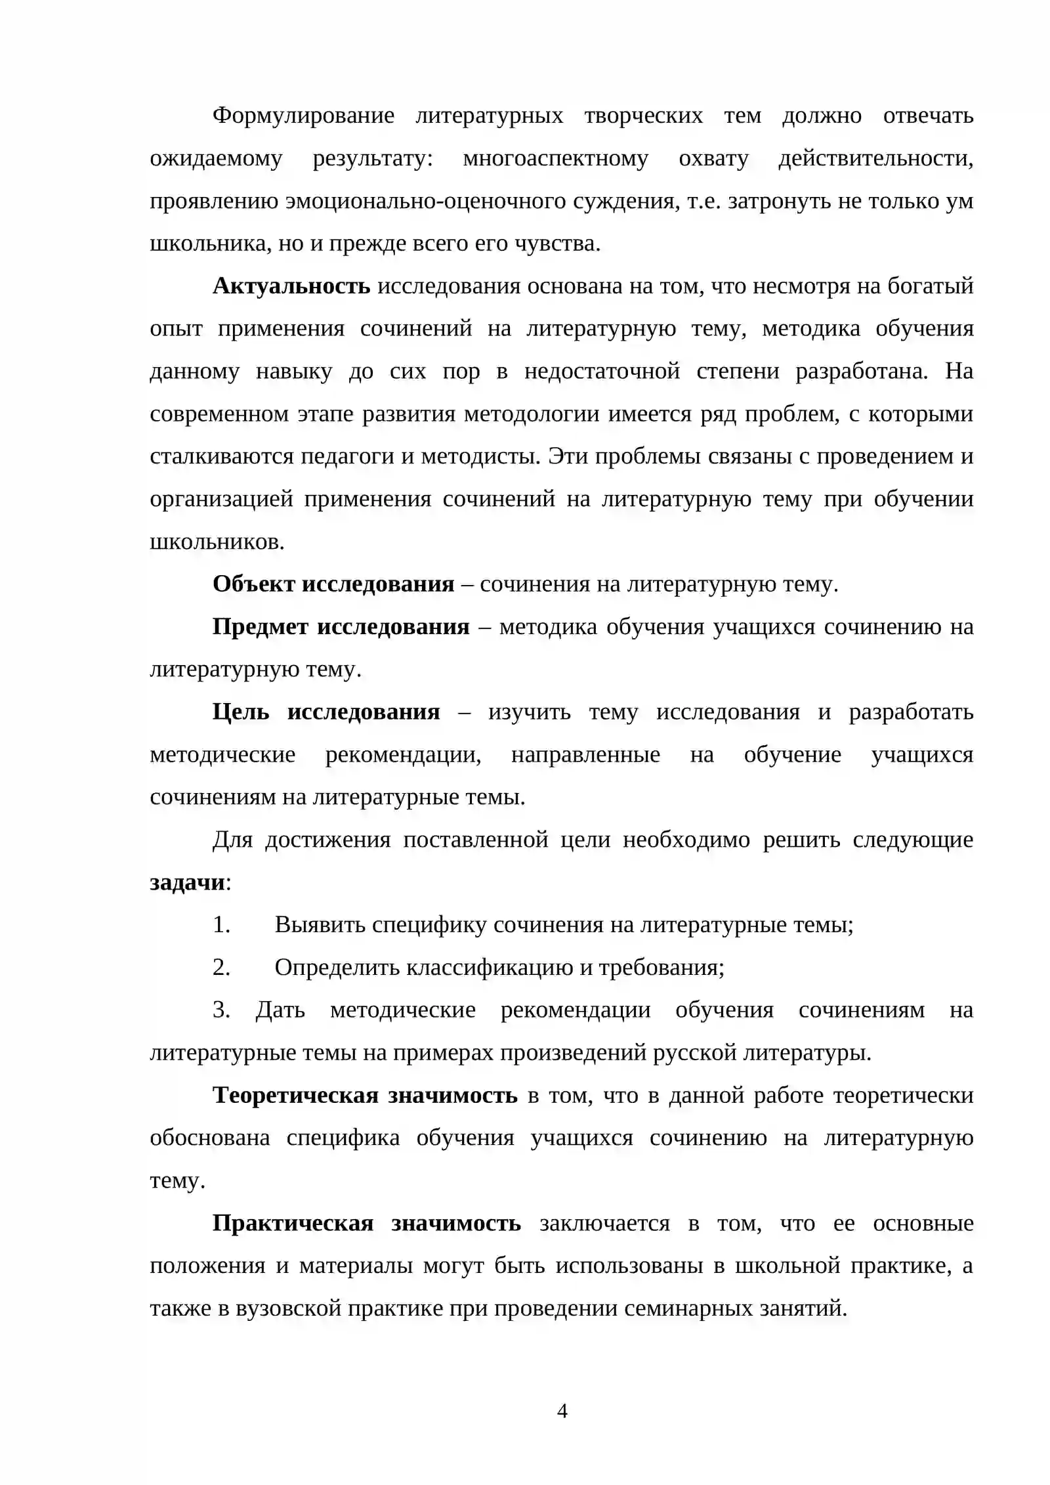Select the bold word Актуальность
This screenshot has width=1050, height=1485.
(x=291, y=286)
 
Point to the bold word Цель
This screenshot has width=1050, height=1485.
(x=241, y=712)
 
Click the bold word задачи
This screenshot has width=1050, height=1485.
(x=187, y=882)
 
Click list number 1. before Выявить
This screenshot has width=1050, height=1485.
(x=221, y=924)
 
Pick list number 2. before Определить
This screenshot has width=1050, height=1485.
(x=221, y=967)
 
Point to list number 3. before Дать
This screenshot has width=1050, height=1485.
(x=221, y=1010)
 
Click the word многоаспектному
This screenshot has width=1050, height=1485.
(x=555, y=159)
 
